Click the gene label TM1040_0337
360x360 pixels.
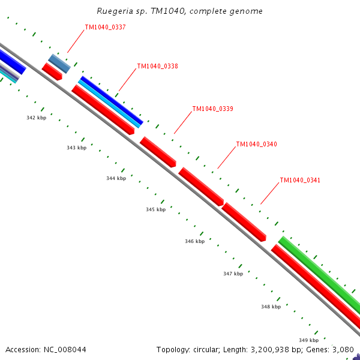tap(105, 27)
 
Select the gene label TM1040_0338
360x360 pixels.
tap(157, 66)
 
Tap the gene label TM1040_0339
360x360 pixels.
tap(212, 109)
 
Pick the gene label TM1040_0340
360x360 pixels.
tap(256, 144)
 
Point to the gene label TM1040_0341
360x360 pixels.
tap(300, 180)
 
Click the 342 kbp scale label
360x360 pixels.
tap(36, 118)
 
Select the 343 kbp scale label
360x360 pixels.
tap(76, 148)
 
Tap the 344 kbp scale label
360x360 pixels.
tap(116, 178)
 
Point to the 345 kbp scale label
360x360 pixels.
tap(155, 209)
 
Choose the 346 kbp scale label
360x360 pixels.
tap(194, 241)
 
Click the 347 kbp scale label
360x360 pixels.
tap(233, 274)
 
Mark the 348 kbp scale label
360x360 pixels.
tap(271, 307)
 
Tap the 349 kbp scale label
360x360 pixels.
tap(308, 340)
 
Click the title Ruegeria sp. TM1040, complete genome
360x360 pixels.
tap(179, 11)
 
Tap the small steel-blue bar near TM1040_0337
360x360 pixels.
tap(59, 64)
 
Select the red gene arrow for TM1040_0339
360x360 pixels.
tap(158, 152)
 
